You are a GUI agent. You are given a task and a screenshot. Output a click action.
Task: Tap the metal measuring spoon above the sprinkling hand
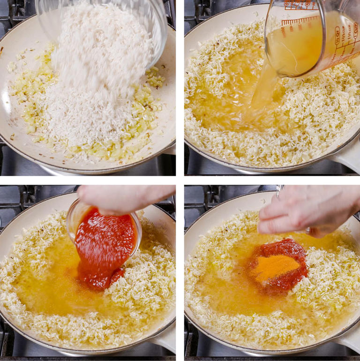click(x=280, y=189)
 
